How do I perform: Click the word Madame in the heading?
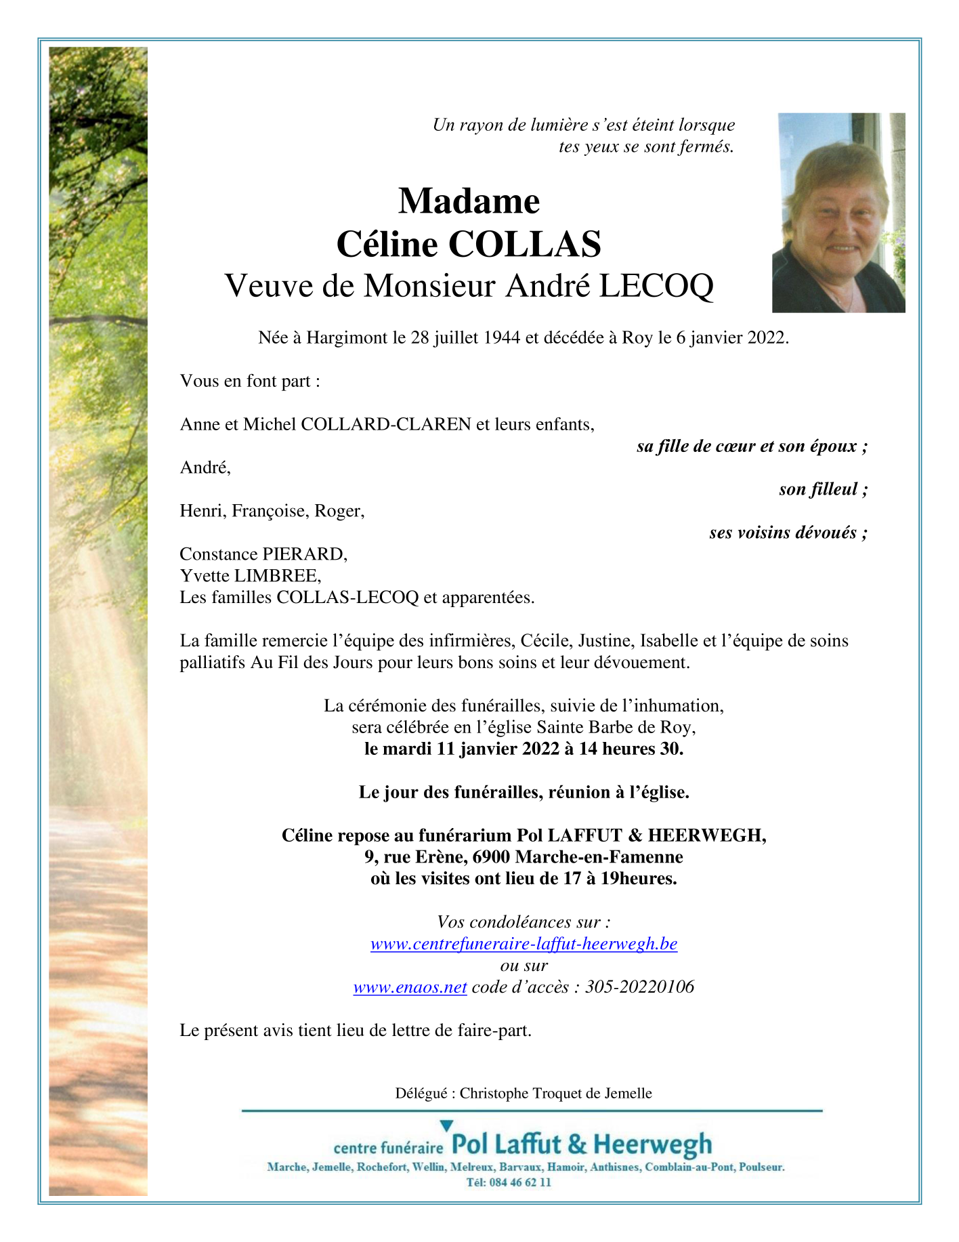coord(469,201)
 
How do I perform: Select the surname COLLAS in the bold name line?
coord(524,244)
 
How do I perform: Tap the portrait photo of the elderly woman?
coord(838,213)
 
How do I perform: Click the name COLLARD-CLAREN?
coord(385,424)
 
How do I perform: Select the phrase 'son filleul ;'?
coord(823,489)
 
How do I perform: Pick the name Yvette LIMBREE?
coord(250,576)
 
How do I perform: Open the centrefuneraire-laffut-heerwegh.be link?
coord(524,944)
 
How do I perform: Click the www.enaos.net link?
coord(410,987)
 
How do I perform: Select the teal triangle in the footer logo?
coord(446,1126)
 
